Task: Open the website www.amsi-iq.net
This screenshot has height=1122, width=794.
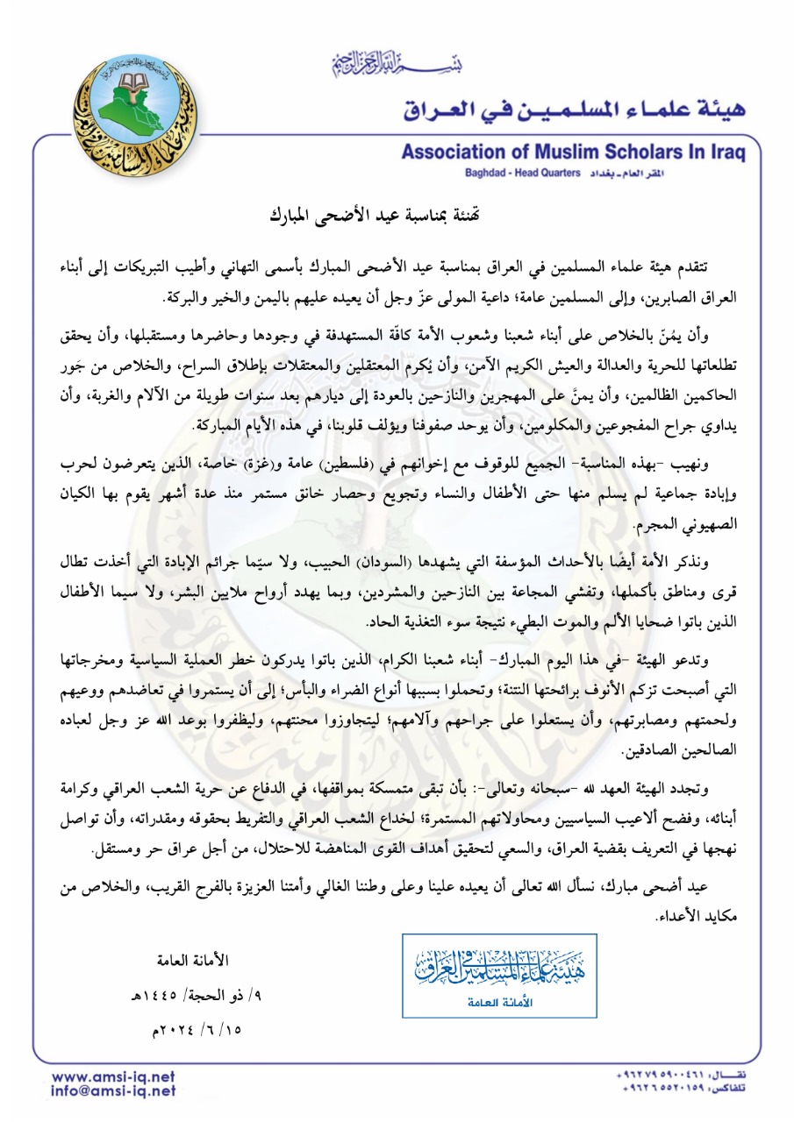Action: click(x=113, y=1076)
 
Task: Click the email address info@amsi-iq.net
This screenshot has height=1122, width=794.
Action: click(x=113, y=1091)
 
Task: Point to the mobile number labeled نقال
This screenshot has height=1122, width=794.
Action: click(x=683, y=1074)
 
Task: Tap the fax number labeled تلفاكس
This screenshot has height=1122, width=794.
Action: click(x=683, y=1089)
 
